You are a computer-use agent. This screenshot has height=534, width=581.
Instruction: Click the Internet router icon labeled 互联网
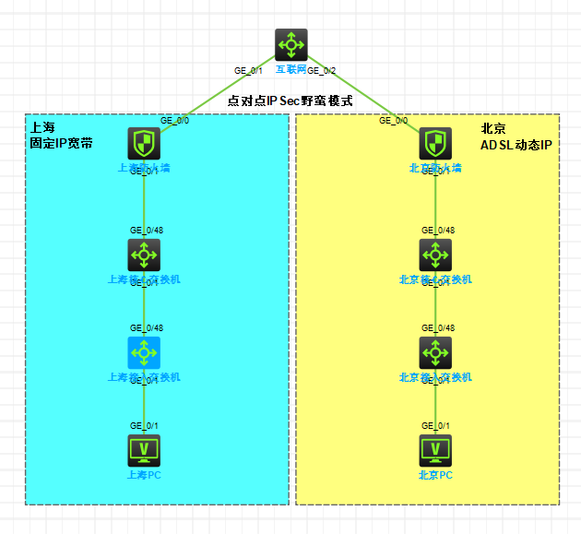(290, 44)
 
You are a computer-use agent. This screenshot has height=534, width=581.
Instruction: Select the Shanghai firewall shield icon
(144, 143)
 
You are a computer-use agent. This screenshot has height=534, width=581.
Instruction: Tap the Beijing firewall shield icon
(435, 143)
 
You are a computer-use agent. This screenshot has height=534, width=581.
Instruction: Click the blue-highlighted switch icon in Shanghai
(144, 352)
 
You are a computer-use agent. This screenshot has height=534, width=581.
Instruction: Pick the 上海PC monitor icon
(144, 450)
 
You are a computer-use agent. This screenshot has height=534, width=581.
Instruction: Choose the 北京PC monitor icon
(435, 450)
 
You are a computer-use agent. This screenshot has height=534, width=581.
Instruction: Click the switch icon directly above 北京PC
(435, 352)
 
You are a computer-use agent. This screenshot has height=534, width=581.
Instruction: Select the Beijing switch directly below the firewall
(435, 255)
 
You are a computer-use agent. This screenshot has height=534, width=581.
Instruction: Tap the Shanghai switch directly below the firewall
(144, 255)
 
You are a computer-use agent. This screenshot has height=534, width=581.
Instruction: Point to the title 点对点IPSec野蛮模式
(290, 101)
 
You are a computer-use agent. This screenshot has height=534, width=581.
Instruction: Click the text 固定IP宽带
(61, 144)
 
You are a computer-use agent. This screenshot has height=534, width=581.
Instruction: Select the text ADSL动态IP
(516, 145)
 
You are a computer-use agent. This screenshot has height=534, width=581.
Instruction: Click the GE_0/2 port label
(322, 71)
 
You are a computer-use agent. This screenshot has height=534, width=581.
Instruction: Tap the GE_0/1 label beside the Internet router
(249, 71)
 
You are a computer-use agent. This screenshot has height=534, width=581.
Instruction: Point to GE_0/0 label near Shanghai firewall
(174, 120)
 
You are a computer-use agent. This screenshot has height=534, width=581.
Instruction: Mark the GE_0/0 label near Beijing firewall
(393, 120)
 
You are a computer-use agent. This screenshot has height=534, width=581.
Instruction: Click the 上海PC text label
(144, 475)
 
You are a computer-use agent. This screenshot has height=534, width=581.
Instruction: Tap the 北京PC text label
(435, 475)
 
